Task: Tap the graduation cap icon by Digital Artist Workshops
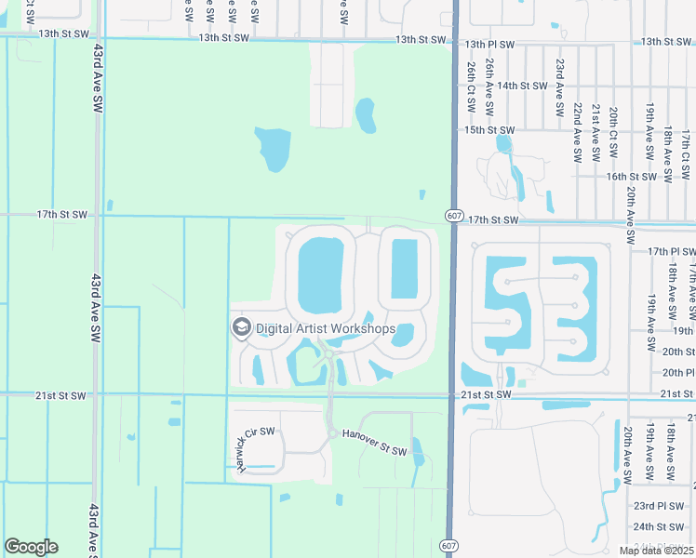[x=241, y=327]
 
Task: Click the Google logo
[x=31, y=547]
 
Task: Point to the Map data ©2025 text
[x=656, y=551]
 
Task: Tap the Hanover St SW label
[x=374, y=443]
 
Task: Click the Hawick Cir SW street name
[x=243, y=449]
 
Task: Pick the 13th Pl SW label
[x=489, y=44]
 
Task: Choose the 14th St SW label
[x=521, y=86]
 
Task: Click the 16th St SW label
[x=631, y=176]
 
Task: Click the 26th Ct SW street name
[x=472, y=88]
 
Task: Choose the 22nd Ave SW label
[x=578, y=132]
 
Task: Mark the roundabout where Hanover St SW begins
[x=331, y=433]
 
